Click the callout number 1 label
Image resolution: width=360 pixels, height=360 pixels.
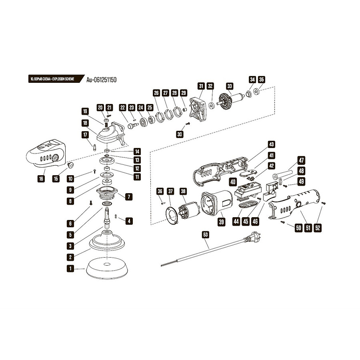70,269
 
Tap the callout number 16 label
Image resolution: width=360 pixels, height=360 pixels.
41,179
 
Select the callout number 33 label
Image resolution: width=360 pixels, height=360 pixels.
229,86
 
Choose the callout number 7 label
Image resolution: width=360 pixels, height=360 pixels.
129,197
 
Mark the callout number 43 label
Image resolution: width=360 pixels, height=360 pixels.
272,144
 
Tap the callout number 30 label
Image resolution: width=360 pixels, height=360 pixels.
180,134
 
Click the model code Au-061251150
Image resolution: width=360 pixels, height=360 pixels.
101,80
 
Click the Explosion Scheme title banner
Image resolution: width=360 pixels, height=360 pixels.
52,79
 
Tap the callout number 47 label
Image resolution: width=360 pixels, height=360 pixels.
301,160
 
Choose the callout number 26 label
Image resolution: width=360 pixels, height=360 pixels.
156,93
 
